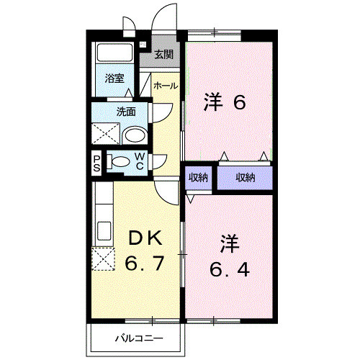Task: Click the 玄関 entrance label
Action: pos(163,55)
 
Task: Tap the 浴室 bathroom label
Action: pos(114,78)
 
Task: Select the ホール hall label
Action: pos(166,86)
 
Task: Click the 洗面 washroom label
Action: pos(126,112)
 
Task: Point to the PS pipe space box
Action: pos(96,163)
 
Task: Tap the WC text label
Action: pos(140,161)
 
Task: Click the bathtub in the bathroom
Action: pos(114,53)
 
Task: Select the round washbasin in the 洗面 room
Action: pos(135,136)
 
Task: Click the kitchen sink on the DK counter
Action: pos(104,230)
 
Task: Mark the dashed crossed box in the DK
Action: pos(104,259)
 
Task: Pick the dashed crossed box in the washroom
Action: pos(106,133)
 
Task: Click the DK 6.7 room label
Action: pos(145,251)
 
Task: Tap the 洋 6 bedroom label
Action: pos(225,102)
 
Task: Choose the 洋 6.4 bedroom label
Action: pos(230,256)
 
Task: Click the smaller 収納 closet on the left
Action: pos(198,178)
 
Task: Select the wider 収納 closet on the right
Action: pos(245,178)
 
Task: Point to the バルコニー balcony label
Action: pos(139,339)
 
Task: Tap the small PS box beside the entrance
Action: pos(143,45)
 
